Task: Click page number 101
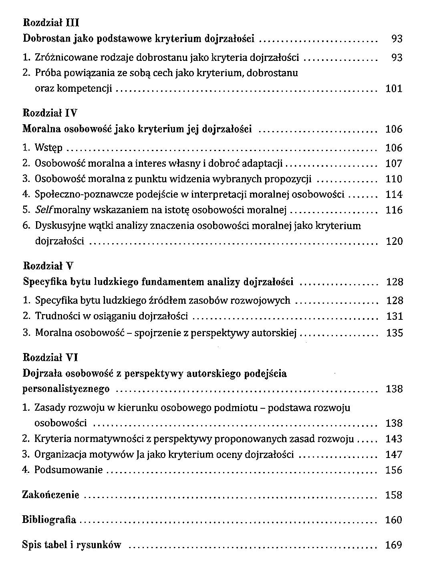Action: point(393,89)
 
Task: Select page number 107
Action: point(393,163)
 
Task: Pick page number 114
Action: point(393,195)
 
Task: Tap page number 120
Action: point(393,242)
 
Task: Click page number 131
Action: point(394,317)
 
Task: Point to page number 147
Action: point(393,455)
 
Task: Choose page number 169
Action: point(393,545)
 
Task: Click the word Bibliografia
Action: point(49,520)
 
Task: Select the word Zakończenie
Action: point(51,495)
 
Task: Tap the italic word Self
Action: point(43,210)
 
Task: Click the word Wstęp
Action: point(49,148)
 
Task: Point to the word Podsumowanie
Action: point(68,470)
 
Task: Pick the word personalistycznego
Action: point(66,389)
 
